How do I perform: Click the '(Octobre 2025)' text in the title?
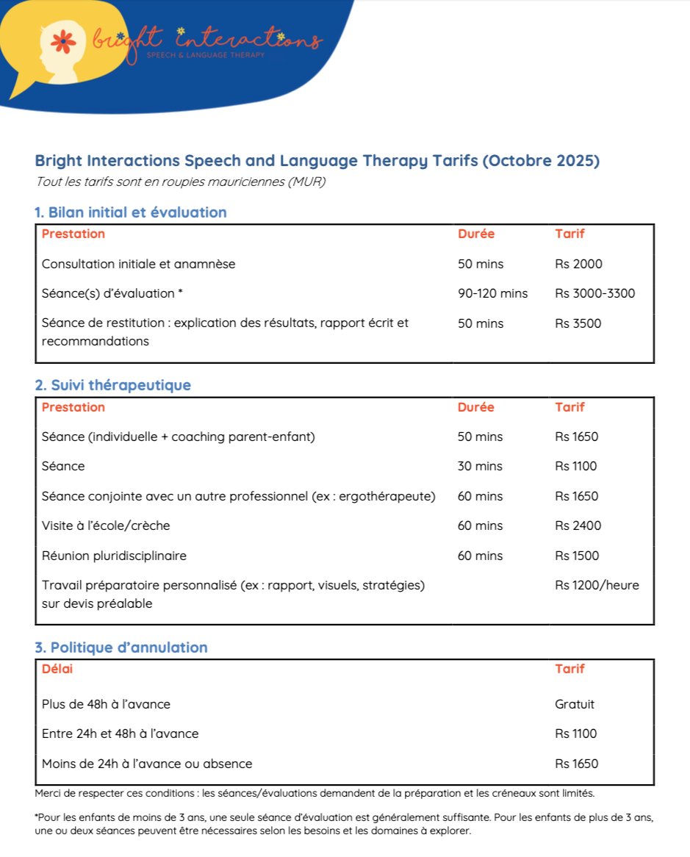[x=540, y=161]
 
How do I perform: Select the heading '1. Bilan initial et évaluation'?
[x=130, y=212]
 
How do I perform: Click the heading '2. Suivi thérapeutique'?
[x=112, y=385]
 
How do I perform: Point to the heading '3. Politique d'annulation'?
[x=121, y=648]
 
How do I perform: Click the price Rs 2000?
[x=578, y=264]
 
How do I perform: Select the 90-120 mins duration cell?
[x=492, y=293]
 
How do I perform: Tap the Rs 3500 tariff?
[x=578, y=323]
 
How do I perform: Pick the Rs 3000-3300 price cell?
[x=594, y=293]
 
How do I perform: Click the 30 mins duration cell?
[x=480, y=466]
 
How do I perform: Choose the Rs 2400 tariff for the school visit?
[x=578, y=526]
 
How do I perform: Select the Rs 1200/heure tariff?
[x=597, y=585]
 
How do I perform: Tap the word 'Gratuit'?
[x=575, y=704]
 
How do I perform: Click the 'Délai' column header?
[x=57, y=669]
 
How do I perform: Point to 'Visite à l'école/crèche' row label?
[x=106, y=526]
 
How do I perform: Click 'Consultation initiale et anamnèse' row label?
[x=138, y=264]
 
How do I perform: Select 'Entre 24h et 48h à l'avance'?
[x=120, y=734]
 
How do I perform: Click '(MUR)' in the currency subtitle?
[x=308, y=182]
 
